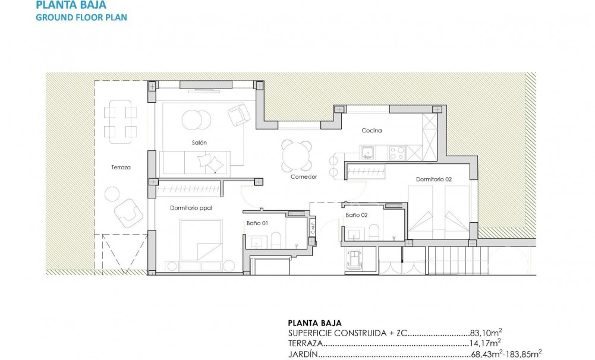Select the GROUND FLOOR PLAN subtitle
coord(81,17)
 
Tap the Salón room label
coord(199,143)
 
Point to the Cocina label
coord(372,130)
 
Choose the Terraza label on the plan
coord(120,168)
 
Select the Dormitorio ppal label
coord(191,208)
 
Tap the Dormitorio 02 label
coord(434,179)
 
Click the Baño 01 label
coord(258,223)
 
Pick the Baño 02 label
coord(357,215)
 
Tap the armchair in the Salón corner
coord(238,114)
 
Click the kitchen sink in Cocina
coord(367,152)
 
